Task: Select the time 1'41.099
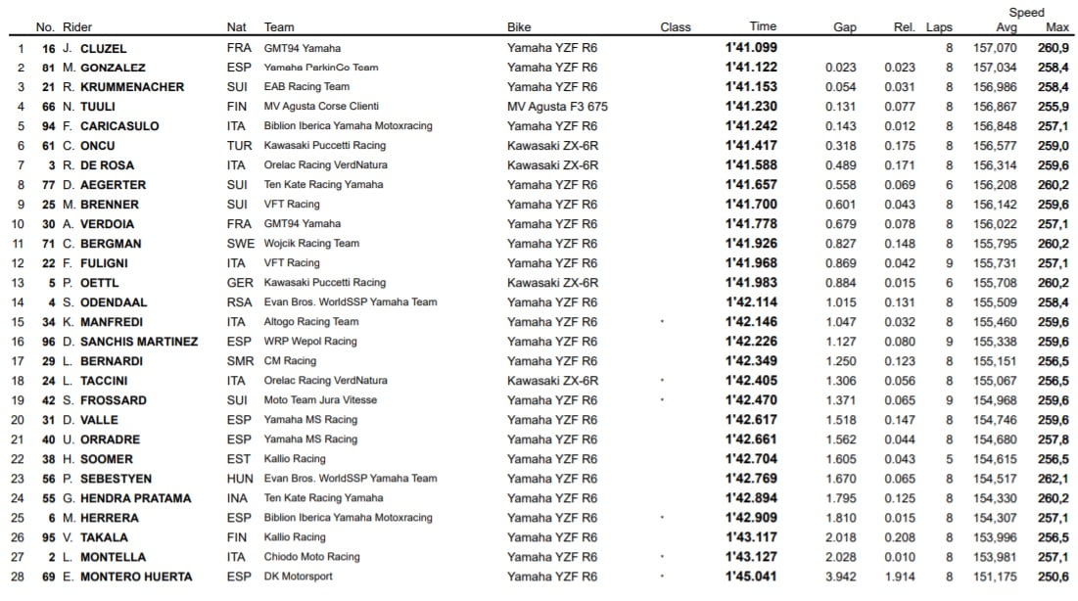(751, 48)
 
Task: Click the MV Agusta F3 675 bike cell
(557, 107)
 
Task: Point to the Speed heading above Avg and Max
(1027, 13)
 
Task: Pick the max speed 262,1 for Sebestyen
(1054, 479)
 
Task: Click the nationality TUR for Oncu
(238, 146)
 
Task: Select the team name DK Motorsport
(298, 577)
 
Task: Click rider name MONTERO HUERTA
(134, 577)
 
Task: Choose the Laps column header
(939, 27)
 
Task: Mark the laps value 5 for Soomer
(949, 459)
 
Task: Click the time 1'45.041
(751, 577)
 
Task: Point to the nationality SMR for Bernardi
(239, 361)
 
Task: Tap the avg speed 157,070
(995, 48)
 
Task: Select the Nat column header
(236, 27)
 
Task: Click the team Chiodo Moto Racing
(312, 557)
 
